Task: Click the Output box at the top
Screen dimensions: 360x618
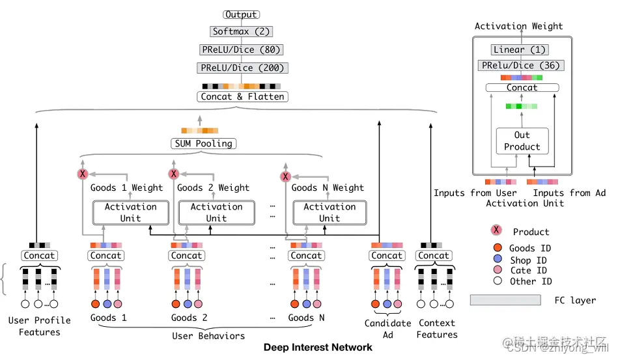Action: click(241, 14)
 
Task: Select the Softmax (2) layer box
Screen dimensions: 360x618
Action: click(241, 31)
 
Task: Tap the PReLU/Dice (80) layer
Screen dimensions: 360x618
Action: click(242, 49)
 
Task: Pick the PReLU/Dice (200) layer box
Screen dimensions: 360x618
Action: click(242, 68)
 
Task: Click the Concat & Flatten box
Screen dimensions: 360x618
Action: click(242, 96)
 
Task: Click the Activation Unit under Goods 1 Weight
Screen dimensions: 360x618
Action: click(130, 212)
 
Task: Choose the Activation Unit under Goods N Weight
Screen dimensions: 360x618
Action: click(329, 212)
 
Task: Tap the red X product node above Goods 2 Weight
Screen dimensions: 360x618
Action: click(174, 174)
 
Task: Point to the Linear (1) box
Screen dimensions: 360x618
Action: click(519, 49)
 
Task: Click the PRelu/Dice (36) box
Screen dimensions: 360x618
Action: click(520, 65)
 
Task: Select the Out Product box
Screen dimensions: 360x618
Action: click(522, 141)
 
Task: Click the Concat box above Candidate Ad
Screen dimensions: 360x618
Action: click(387, 256)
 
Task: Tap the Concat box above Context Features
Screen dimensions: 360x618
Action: click(434, 256)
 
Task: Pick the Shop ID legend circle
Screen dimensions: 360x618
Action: click(498, 259)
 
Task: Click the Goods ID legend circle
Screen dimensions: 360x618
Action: click(498, 248)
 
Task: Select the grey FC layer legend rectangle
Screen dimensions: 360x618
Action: click(505, 299)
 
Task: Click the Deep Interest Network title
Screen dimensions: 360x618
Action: click(318, 348)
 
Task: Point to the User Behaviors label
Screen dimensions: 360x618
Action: click(208, 336)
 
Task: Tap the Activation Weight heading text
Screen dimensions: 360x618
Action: click(518, 26)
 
